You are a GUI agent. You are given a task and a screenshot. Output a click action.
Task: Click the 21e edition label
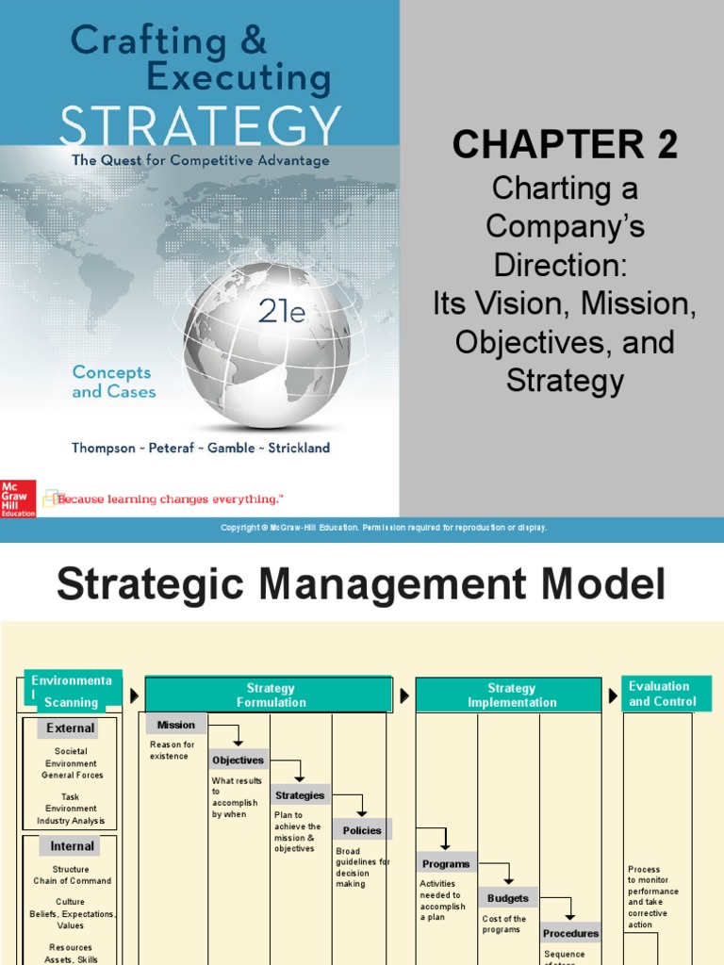(282, 312)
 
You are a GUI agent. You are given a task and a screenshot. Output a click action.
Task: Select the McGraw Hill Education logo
(17, 498)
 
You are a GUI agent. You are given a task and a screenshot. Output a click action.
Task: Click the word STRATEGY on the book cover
(200, 126)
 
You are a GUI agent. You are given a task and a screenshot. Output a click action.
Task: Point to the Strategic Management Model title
(361, 584)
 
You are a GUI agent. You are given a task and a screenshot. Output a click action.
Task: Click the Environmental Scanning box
(72, 692)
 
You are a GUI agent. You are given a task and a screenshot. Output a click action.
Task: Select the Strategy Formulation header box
(270, 695)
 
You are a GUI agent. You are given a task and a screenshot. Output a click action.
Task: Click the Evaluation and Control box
(663, 694)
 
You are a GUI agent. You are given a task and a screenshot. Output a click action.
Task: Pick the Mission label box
(176, 725)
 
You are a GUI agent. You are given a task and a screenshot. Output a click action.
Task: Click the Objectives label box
(239, 760)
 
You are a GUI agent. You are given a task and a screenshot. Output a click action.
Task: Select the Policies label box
(362, 830)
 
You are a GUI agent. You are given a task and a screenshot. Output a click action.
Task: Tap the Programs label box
(446, 864)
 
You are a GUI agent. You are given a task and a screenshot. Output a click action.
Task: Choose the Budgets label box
(508, 898)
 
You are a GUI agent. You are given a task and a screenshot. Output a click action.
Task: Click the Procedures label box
(570, 933)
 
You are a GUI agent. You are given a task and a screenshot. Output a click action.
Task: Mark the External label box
(72, 728)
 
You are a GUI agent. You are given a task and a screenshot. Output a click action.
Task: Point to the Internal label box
(73, 846)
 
